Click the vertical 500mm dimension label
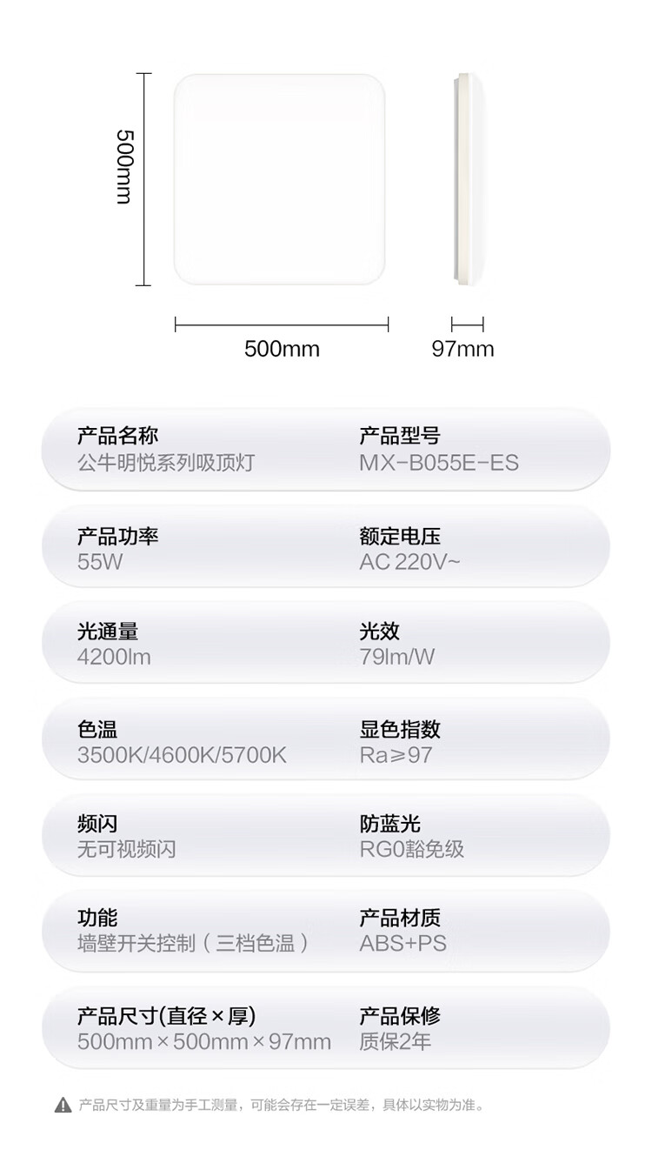point(125,167)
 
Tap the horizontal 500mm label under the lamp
point(283,349)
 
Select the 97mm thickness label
point(462,349)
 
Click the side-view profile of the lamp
point(469,179)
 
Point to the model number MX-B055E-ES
point(439,463)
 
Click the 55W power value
point(100,562)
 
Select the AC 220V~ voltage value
point(409,562)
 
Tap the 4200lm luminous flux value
point(114,658)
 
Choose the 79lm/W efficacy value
point(397,658)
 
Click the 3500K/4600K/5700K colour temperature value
point(182,755)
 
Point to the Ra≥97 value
point(396,755)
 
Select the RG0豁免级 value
point(412,849)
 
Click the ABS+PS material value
point(403,944)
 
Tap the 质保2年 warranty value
point(396,1041)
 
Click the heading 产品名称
point(117,436)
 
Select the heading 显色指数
point(400,730)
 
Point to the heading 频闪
point(97,824)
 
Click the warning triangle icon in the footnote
point(63,1106)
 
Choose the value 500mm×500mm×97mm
point(204,1041)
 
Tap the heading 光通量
point(108,632)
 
